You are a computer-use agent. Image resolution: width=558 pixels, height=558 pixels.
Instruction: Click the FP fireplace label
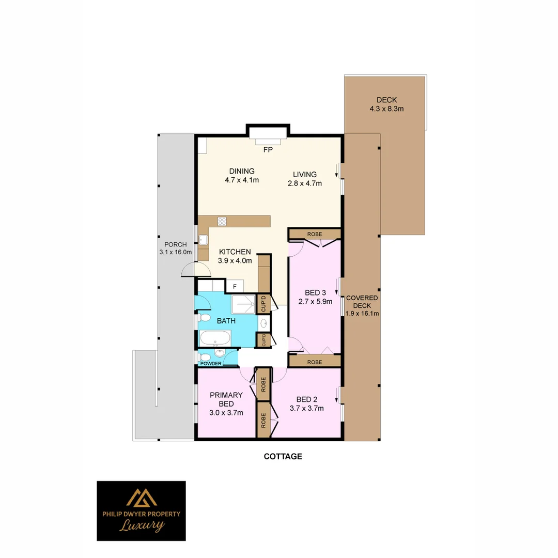pyautogui.click(x=268, y=150)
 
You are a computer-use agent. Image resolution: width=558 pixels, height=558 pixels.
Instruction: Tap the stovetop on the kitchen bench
pyautogui.click(x=222, y=221)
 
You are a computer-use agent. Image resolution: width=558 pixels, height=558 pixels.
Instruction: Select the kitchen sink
pyautogui.click(x=203, y=240)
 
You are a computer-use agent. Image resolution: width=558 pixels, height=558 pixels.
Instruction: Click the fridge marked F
pyautogui.click(x=235, y=286)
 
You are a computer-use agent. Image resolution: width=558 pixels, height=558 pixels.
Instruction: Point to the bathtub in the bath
pyautogui.click(x=215, y=338)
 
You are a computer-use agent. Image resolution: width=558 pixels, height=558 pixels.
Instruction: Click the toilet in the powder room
pyautogui.click(x=205, y=357)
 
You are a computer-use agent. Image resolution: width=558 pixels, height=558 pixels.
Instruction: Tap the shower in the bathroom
pyautogui.click(x=243, y=304)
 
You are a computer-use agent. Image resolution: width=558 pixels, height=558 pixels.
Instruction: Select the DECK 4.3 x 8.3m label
pyautogui.click(x=386, y=104)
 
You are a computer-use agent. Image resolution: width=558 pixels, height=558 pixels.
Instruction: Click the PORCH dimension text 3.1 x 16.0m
pyautogui.click(x=176, y=252)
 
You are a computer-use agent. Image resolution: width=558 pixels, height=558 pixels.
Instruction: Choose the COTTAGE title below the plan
pyautogui.click(x=283, y=457)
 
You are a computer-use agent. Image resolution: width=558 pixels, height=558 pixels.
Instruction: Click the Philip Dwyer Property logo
pyautogui.click(x=141, y=510)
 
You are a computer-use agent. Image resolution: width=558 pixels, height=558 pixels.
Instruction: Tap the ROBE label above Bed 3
pyautogui.click(x=315, y=234)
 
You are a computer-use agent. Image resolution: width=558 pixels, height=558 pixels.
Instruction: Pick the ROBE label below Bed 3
pyautogui.click(x=315, y=362)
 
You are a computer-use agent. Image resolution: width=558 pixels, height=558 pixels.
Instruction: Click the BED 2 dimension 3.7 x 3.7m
pyautogui.click(x=307, y=408)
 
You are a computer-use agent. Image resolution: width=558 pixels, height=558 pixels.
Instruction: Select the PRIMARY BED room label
pyautogui.click(x=226, y=399)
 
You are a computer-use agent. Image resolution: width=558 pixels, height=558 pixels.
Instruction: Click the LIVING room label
pyautogui.click(x=305, y=175)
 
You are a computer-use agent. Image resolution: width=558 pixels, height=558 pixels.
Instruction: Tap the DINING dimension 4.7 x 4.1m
pyautogui.click(x=242, y=180)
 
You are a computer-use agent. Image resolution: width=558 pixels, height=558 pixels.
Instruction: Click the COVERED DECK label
pyautogui.click(x=362, y=302)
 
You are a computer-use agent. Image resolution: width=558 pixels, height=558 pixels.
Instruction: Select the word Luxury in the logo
pyautogui.click(x=142, y=525)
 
